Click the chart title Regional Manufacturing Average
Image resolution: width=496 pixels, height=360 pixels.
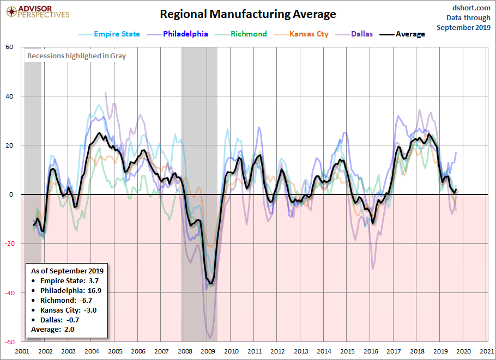pyautogui.click(x=247, y=14)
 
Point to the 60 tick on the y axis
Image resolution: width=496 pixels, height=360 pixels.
pyautogui.click(x=10, y=47)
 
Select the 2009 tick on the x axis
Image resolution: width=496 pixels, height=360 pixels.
pyautogui.click(x=208, y=351)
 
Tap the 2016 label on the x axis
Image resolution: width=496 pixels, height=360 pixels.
pyautogui.click(x=371, y=351)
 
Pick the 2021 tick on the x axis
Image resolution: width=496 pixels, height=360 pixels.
pyautogui.click(x=487, y=351)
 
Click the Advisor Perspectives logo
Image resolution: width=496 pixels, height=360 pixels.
pyautogui.click(x=37, y=11)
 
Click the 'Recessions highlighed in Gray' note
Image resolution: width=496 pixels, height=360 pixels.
pyautogui.click(x=76, y=56)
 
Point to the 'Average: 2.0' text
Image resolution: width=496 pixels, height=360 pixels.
pyautogui.click(x=52, y=329)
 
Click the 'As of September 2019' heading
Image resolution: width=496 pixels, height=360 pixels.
pyautogui.click(x=67, y=271)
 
